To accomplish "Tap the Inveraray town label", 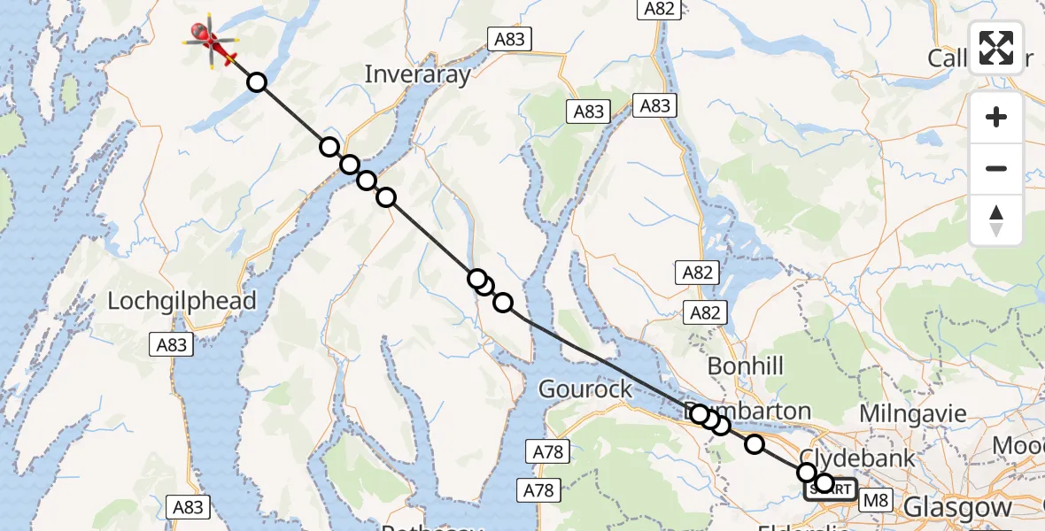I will tap(417, 74).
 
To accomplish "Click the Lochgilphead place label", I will tap(182, 301).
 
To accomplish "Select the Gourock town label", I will tap(585, 389).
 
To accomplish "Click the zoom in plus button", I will tap(996, 118).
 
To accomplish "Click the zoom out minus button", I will tap(996, 168).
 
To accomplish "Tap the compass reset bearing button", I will tap(996, 219).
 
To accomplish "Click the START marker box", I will tap(831, 489).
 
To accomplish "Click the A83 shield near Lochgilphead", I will tap(172, 344).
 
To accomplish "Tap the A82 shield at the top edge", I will tap(659, 9).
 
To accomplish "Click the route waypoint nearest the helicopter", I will tap(256, 82).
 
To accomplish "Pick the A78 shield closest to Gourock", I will tap(547, 452).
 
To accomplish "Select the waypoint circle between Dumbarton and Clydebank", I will tap(754, 444).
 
